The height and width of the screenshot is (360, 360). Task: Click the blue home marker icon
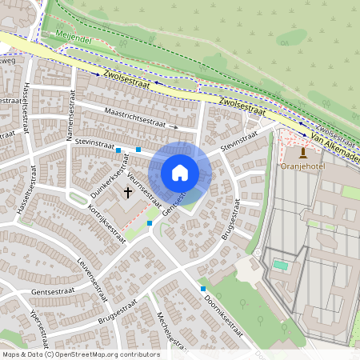point(180,173)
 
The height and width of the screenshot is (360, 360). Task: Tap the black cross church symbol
point(128,193)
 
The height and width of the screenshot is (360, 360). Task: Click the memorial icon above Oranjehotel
point(302,152)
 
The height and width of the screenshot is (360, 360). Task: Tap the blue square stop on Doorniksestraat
point(203,288)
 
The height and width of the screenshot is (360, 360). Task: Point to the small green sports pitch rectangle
point(280,265)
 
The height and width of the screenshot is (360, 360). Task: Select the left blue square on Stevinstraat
point(118,150)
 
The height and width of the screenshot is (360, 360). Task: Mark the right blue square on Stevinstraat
point(138,149)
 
